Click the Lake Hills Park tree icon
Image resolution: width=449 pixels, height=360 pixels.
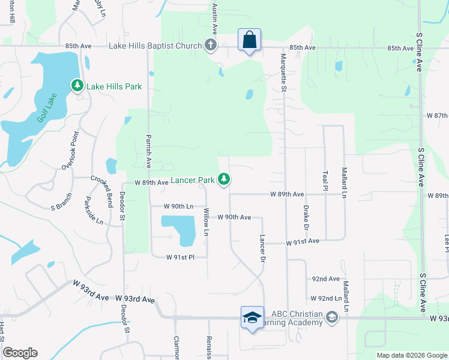click(x=77, y=86)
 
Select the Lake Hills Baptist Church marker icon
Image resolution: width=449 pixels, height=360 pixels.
click(x=210, y=46)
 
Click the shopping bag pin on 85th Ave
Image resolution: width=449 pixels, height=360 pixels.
click(x=249, y=40)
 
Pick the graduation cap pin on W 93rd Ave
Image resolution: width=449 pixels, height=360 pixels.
click(x=252, y=318)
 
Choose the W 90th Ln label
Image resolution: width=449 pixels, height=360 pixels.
click(x=179, y=206)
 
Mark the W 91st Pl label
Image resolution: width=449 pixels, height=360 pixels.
click(x=181, y=257)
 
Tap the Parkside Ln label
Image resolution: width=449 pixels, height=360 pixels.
click(x=94, y=210)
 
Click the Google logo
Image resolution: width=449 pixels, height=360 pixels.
click(x=20, y=353)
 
